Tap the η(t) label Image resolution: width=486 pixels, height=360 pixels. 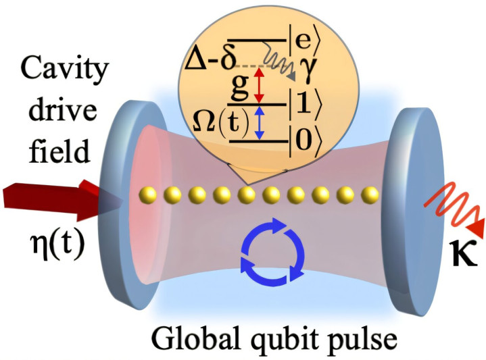57,244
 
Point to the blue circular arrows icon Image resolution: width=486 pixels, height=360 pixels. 273,250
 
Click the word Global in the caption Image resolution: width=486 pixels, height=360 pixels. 198,338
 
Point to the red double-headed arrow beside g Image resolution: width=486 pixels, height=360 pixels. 259,86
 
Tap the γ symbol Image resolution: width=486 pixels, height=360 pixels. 307,70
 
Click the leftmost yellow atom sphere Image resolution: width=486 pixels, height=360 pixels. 147,195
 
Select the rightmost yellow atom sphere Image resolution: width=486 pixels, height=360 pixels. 370,195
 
